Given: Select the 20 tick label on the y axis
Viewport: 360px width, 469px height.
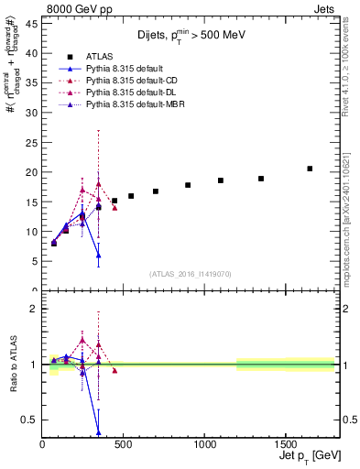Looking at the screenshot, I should click(x=32, y=172).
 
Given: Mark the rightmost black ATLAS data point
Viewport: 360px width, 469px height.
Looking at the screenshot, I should click(x=310, y=169).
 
